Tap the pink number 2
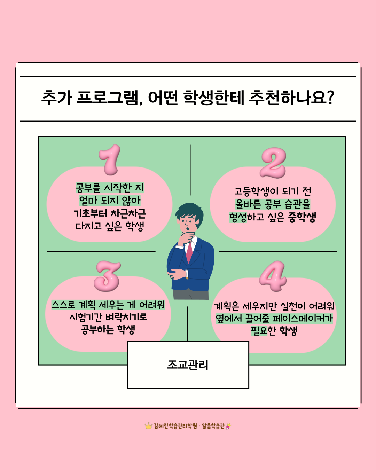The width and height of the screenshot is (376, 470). (x=273, y=163)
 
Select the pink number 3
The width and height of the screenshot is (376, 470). (x=107, y=276)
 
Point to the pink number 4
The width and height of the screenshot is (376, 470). (x=273, y=276)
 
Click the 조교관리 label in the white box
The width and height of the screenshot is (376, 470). (x=188, y=365)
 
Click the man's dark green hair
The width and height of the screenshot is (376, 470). (x=189, y=212)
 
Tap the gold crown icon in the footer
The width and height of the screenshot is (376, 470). (x=149, y=425)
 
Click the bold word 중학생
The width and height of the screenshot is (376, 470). (x=302, y=217)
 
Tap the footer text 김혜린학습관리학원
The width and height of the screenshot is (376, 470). (x=175, y=426)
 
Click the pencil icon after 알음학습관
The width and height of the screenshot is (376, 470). (x=228, y=426)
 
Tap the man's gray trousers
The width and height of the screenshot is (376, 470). (x=191, y=295)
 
